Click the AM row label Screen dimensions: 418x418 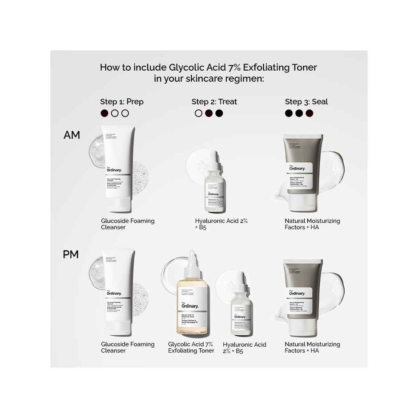pos(72,135)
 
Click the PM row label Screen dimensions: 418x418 pos(71,255)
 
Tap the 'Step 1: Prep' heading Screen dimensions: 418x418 pos(121,102)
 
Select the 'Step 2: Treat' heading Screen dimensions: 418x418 pos(214,102)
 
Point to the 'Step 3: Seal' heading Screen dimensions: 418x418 pos(306,102)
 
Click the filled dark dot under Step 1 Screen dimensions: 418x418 pos(104,113)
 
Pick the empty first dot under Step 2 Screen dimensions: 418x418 pos(198,113)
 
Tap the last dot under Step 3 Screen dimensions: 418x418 pos(309,113)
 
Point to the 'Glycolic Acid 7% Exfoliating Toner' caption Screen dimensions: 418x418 pos(191,347)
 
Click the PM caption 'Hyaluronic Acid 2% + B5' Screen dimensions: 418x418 pos(244,348)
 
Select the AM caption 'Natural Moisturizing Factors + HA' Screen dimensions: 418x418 pos(312,224)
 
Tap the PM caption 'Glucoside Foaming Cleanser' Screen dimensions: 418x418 pos(128,347)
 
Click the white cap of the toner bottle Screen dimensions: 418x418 pos(191,264)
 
